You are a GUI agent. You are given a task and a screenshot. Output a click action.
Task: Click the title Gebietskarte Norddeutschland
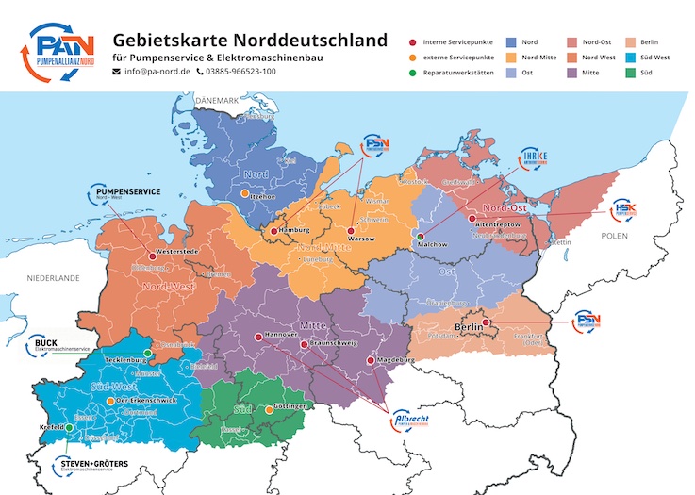(250, 40)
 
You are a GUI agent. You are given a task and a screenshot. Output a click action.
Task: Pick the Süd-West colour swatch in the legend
(624, 57)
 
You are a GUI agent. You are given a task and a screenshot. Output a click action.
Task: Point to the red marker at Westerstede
(153, 254)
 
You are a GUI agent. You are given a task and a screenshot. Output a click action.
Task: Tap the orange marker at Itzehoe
(245, 193)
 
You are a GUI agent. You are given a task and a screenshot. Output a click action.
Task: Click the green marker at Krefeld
(69, 427)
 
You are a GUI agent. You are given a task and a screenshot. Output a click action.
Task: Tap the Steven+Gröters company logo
(93, 466)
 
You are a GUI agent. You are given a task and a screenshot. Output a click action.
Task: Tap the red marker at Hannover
(258, 337)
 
